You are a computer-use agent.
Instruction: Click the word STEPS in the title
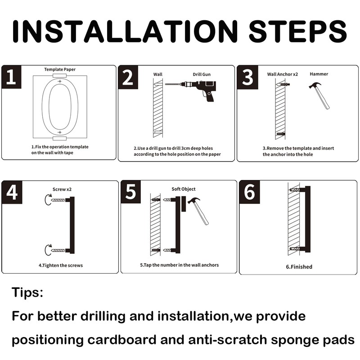coord(297,31)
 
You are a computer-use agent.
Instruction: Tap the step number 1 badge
coord(12,77)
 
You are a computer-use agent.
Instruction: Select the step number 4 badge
coord(12,192)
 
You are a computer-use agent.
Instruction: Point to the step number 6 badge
coord(250,192)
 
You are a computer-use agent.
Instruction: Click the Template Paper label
coord(60,69)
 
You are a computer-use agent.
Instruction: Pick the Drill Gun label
coord(202,74)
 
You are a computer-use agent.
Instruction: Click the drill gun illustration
coord(190,90)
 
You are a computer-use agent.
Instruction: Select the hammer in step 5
coord(198,211)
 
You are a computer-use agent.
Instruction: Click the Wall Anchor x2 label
coord(283,74)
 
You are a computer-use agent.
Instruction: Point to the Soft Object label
coord(184,189)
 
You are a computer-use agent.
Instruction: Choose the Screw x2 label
coord(62,189)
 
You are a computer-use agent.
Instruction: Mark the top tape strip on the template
coord(60,76)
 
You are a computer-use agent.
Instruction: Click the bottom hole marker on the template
coord(60,132)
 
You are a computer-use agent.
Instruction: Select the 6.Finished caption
coord(299,267)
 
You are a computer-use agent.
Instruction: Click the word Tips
coord(27,292)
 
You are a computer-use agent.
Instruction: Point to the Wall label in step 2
coord(158,74)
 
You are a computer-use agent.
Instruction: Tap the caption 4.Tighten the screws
coord(61,265)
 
